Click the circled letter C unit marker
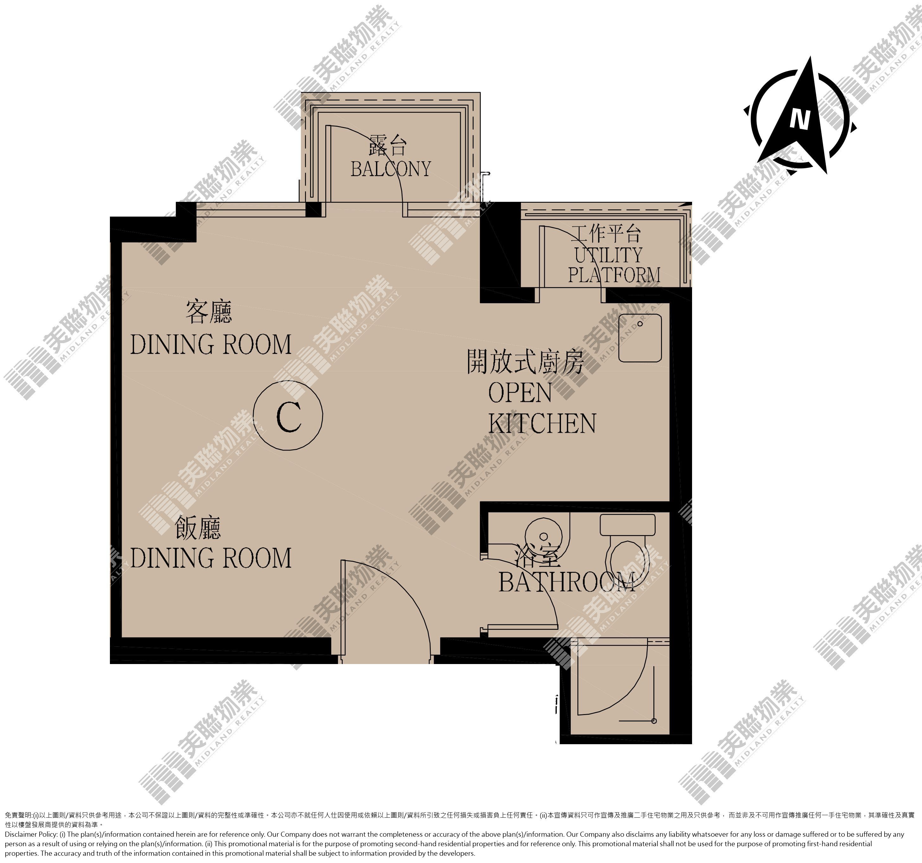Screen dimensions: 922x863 (x=288, y=415)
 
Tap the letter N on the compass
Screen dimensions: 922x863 (x=799, y=119)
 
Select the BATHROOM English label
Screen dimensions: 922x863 (x=567, y=582)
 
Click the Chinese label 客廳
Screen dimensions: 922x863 (x=209, y=312)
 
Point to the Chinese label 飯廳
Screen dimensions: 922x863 (x=198, y=528)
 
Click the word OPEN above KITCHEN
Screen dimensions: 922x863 (x=520, y=393)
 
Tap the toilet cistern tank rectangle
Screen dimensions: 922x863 (x=627, y=524)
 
